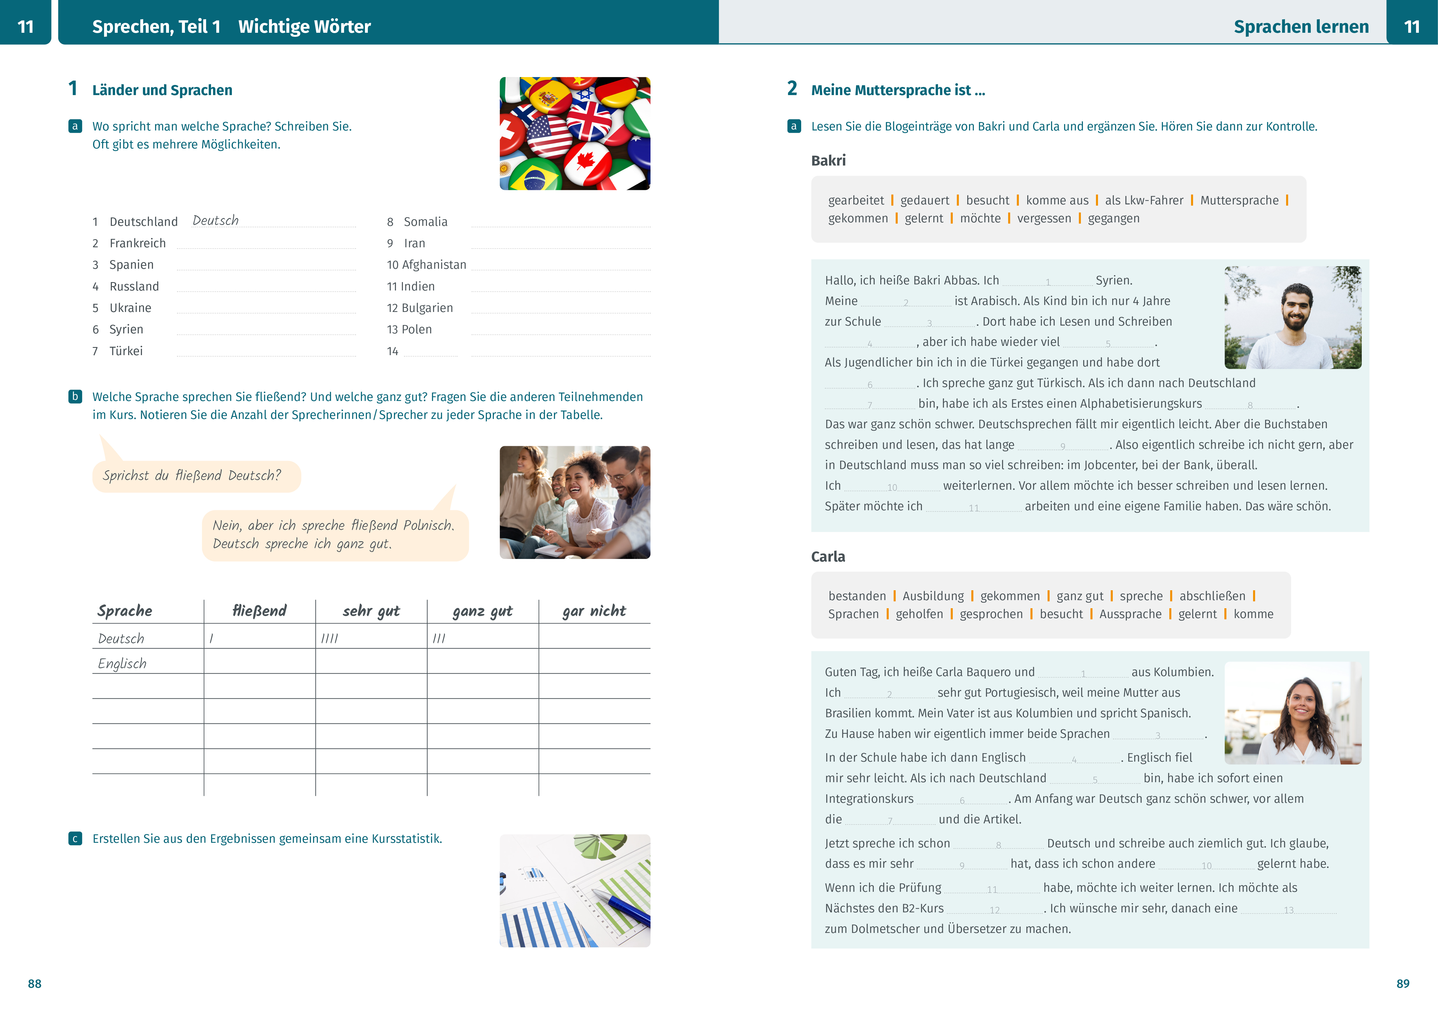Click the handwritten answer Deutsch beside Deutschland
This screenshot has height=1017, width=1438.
(x=215, y=220)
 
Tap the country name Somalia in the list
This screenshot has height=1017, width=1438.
(x=425, y=222)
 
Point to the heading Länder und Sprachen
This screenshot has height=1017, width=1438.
(x=162, y=90)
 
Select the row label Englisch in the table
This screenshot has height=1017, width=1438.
(x=122, y=664)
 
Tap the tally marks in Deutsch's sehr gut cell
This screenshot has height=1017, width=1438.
(x=330, y=639)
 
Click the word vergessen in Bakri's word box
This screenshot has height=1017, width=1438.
(x=1044, y=219)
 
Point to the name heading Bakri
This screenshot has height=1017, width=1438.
(x=828, y=161)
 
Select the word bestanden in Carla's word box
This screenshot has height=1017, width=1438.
(x=857, y=596)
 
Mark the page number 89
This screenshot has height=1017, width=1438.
(x=1403, y=984)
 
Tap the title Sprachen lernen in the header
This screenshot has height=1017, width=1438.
(x=1301, y=27)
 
